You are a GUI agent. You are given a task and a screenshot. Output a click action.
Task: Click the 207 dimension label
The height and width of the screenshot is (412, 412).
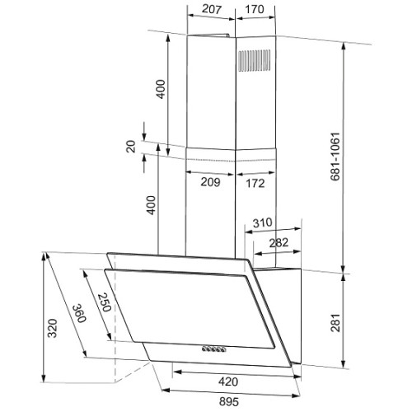[x=211, y=9]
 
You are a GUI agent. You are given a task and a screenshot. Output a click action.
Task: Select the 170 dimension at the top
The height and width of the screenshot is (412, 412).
[x=255, y=9]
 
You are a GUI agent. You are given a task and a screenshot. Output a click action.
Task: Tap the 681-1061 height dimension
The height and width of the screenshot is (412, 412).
[x=335, y=157]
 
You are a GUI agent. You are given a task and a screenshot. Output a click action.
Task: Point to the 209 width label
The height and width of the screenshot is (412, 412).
[x=210, y=182]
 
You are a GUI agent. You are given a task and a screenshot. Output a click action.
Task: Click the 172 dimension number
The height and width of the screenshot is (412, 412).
[x=255, y=183]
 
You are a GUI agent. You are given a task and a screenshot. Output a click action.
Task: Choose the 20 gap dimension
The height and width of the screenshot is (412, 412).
[x=131, y=147]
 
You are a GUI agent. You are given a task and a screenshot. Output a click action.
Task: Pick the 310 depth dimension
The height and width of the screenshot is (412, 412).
[x=263, y=222]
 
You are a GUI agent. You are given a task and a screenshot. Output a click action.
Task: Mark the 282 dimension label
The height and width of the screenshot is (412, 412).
[x=279, y=243]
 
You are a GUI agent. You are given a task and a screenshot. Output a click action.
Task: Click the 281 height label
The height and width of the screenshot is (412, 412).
[x=335, y=323]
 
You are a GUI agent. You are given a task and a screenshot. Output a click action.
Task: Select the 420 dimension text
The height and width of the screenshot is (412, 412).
[x=228, y=382]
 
